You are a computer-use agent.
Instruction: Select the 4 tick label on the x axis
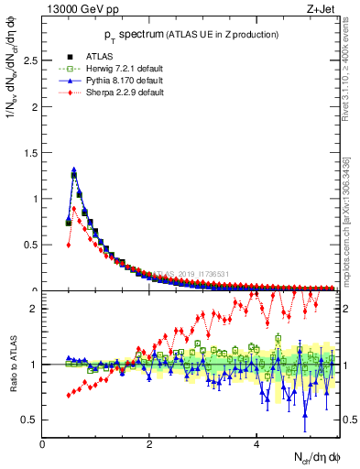[256, 444]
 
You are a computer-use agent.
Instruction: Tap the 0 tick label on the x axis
[42, 444]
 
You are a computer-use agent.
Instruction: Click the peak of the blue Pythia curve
[74, 169]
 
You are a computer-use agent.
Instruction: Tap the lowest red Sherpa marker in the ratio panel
[69, 396]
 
